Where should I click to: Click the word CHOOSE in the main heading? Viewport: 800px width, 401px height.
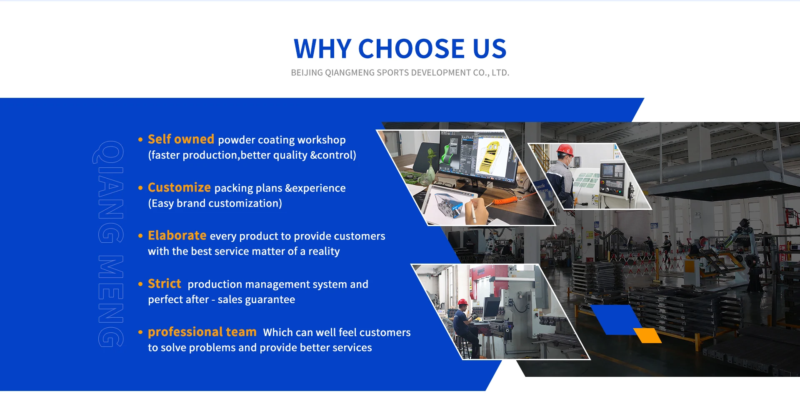[411, 49]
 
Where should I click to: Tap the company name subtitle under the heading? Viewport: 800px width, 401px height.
[400, 73]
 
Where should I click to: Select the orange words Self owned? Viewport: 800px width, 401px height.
[181, 139]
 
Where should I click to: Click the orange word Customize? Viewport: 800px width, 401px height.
[179, 188]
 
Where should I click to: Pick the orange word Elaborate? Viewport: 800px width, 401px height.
[177, 236]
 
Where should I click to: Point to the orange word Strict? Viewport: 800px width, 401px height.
[165, 284]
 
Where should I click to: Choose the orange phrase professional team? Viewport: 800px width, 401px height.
[202, 332]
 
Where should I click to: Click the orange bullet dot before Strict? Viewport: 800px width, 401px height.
[140, 284]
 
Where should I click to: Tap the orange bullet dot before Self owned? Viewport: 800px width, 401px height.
[140, 139]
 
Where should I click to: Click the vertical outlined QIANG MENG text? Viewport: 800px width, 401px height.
[110, 244]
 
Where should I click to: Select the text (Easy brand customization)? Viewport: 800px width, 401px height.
[215, 204]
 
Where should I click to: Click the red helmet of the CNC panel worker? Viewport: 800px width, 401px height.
[565, 149]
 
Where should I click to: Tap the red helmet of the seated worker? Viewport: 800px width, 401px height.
[462, 302]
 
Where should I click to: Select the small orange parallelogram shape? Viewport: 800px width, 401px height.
[647, 335]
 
